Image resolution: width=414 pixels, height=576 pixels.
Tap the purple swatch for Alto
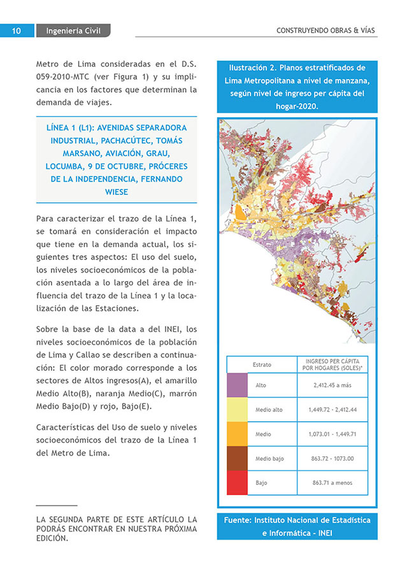[237, 385]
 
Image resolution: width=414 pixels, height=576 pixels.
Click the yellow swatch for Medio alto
[237, 410]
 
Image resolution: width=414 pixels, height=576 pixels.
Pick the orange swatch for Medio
[237, 434]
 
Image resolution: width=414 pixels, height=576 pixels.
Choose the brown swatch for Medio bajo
[237, 458]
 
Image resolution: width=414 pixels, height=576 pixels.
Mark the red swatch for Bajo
[237, 482]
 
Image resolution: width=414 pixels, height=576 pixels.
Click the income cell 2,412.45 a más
[332, 385]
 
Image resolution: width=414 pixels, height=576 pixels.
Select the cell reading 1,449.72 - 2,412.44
[332, 410]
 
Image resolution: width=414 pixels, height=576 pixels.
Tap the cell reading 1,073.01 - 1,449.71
[332, 434]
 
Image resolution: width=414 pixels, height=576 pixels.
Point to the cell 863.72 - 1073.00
[332, 458]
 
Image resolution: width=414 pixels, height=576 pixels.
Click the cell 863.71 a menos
[332, 482]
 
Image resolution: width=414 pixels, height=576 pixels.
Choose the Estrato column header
[262, 364]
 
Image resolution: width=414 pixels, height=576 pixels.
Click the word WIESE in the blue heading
[117, 192]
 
